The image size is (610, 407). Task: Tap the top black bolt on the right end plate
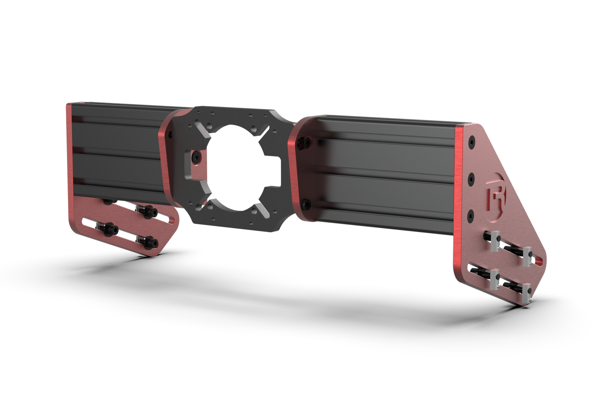coord(472,142)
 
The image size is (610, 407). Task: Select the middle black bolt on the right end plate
coord(472,178)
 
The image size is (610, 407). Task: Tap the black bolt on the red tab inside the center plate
coord(196,157)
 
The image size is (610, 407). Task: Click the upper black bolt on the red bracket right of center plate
coord(302,142)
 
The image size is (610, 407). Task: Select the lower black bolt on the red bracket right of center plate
coord(306,204)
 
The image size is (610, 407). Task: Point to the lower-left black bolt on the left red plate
coord(110,230)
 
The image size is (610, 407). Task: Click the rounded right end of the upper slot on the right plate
coord(539,260)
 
